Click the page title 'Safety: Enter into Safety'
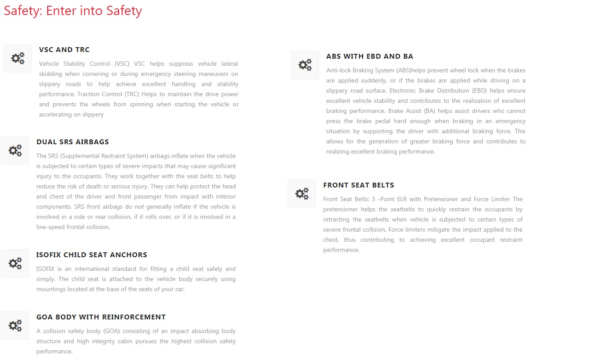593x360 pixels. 73,11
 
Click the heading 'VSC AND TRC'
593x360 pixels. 64,50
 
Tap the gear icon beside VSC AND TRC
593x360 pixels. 18,58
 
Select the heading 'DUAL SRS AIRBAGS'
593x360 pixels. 73,142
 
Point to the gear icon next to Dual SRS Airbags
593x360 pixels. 15,150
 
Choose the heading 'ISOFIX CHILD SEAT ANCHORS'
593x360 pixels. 92,255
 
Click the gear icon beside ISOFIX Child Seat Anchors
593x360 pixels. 15,263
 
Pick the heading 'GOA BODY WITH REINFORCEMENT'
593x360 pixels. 101,317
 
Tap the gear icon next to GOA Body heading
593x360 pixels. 15,326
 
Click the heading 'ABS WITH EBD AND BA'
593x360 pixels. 370,56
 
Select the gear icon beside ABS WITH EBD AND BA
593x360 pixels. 305,65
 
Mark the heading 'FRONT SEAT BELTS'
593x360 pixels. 359,185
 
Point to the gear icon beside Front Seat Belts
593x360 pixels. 302,194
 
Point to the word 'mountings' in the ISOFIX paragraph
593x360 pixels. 51,289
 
